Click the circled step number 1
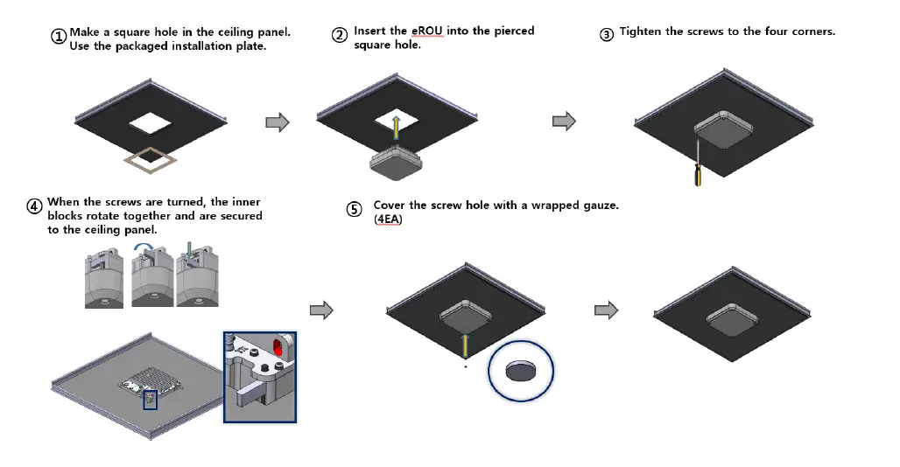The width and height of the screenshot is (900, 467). (x=59, y=37)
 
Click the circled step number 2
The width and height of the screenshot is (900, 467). (x=340, y=35)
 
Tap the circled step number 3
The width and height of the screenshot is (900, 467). (x=607, y=34)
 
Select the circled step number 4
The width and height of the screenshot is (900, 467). (x=34, y=206)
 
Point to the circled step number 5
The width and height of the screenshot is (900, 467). (x=354, y=210)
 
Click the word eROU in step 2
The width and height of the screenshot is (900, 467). (x=427, y=31)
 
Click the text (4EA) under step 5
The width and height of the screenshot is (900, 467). (x=386, y=219)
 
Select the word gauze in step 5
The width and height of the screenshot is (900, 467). (x=597, y=206)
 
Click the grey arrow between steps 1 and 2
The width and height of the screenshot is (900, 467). (x=278, y=122)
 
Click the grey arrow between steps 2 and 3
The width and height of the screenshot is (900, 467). (x=564, y=122)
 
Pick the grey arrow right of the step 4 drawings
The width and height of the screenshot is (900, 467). (x=322, y=310)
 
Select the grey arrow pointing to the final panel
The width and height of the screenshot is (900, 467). (x=606, y=310)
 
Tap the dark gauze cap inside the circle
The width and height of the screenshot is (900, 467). (x=521, y=368)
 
